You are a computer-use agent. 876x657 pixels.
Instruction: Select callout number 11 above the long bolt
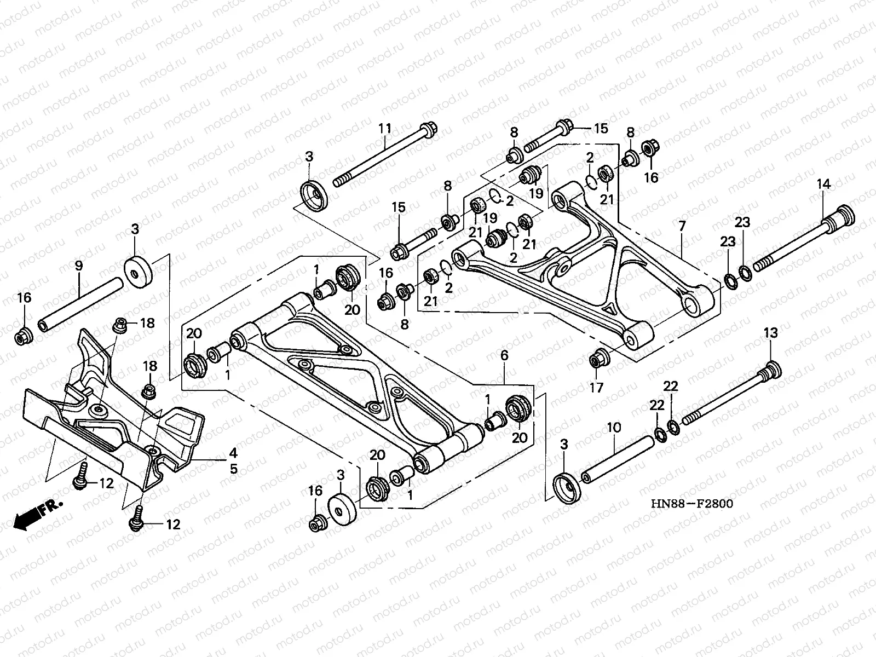click(385, 129)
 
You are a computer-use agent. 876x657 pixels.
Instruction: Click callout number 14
click(825, 184)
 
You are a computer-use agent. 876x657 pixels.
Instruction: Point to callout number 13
click(770, 332)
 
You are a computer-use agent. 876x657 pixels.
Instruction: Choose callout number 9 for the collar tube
click(78, 266)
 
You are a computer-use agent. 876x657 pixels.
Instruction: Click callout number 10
click(614, 427)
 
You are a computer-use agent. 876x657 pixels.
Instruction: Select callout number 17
click(596, 388)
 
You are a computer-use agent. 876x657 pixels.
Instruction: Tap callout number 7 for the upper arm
click(682, 226)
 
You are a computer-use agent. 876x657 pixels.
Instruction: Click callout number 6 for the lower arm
click(504, 356)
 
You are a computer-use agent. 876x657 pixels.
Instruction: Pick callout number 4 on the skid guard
click(233, 453)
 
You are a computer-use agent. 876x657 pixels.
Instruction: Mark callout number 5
click(233, 469)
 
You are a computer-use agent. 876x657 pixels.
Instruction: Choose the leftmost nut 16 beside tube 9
click(24, 336)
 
